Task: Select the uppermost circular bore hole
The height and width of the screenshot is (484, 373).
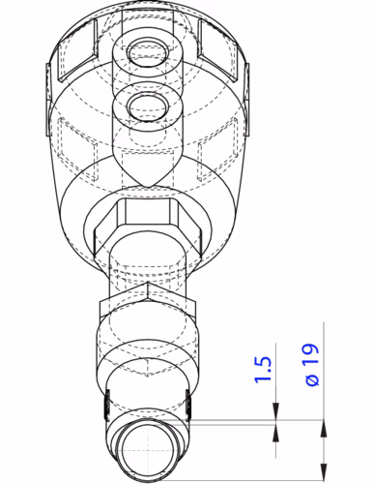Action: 148,50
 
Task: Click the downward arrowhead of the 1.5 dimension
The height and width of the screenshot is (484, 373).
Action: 276,413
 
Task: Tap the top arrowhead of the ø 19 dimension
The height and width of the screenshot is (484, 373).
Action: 324,414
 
